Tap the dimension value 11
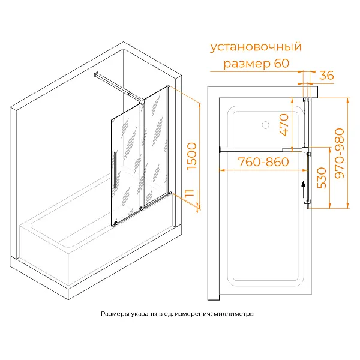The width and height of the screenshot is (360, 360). click(x=190, y=194)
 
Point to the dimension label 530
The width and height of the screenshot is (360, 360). click(x=322, y=178)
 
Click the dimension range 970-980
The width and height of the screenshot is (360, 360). click(x=340, y=154)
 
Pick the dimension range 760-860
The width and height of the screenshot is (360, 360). click(x=263, y=162)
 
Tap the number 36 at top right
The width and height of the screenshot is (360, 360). click(x=326, y=76)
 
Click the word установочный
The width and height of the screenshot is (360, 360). click(x=256, y=47)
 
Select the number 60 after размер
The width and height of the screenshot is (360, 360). click(x=281, y=63)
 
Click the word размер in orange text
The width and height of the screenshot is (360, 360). click(x=247, y=64)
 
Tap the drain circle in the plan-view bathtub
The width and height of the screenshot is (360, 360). click(x=265, y=125)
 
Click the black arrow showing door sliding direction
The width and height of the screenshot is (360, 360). click(x=304, y=190)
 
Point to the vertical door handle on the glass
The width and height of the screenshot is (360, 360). click(x=115, y=170)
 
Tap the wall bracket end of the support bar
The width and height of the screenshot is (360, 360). click(x=97, y=75)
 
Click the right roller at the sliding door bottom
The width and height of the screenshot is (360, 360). click(x=141, y=208)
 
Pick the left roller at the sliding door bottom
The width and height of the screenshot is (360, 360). click(x=115, y=223)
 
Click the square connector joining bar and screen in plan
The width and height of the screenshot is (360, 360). click(x=305, y=149)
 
